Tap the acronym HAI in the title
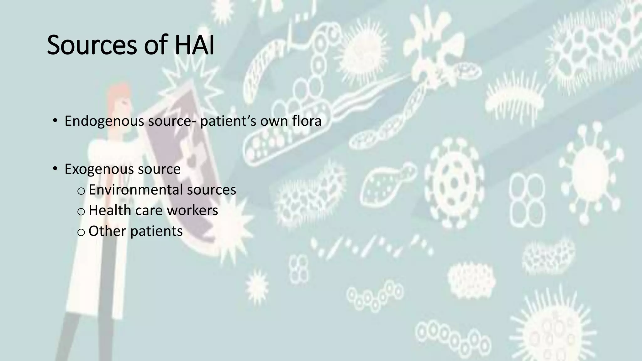[194, 45]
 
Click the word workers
[192, 210]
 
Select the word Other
[107, 231]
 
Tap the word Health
[110, 210]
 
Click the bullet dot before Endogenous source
[55, 121]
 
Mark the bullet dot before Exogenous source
[55, 169]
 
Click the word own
[274, 121]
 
